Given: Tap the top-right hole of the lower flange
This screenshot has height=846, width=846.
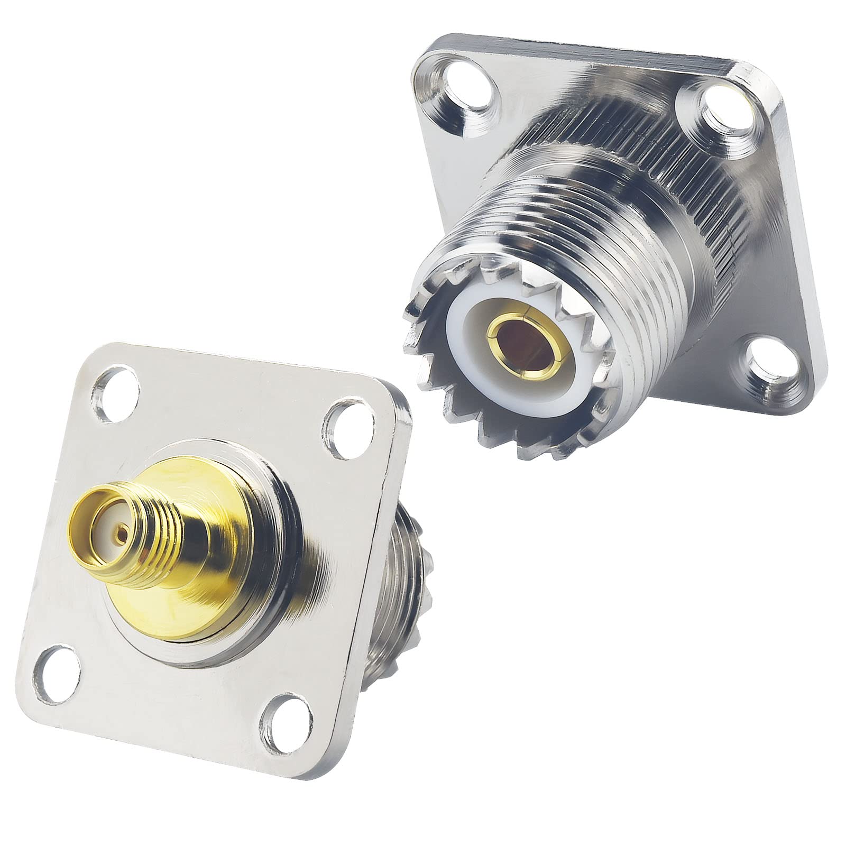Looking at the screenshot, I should coord(345,421).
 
